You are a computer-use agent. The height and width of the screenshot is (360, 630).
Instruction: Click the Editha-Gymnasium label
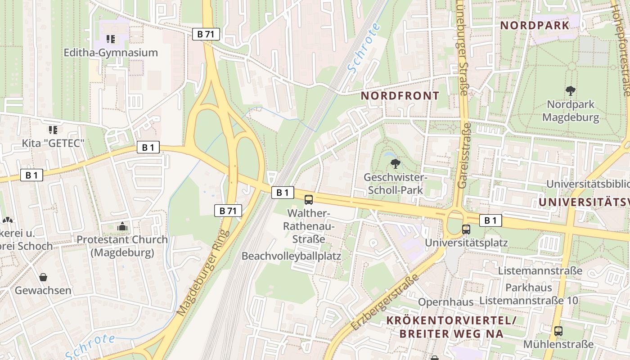pos(111,53)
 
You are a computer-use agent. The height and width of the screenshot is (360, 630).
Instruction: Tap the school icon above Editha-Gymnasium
pos(111,39)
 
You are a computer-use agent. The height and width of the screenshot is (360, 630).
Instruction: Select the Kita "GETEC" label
pos(54,144)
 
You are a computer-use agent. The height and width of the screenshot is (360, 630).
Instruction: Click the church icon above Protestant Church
pos(122,226)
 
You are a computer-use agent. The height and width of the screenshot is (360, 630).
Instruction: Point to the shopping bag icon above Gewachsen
pos(43,277)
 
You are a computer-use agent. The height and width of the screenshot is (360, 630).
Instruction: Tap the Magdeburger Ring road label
pos(203,273)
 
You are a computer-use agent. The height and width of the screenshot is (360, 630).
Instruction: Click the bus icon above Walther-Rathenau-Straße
pos(309,200)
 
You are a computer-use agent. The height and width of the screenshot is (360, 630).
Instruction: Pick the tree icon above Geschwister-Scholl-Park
pos(396,163)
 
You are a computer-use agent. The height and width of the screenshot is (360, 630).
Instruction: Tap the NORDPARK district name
pos(535,25)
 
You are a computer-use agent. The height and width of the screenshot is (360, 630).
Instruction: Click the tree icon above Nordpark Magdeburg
pos(571,91)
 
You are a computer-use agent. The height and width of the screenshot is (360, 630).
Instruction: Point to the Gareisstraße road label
pos(463,156)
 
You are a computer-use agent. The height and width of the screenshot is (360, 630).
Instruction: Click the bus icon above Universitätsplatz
pos(466,229)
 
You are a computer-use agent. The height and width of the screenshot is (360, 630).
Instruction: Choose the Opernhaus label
pos(446,301)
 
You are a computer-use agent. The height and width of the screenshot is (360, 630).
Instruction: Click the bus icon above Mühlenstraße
pos(558,331)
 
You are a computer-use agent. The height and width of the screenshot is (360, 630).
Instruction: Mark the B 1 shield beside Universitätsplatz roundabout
pos(490,220)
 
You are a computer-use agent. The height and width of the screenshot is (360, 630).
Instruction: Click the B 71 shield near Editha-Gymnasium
pos(206,34)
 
